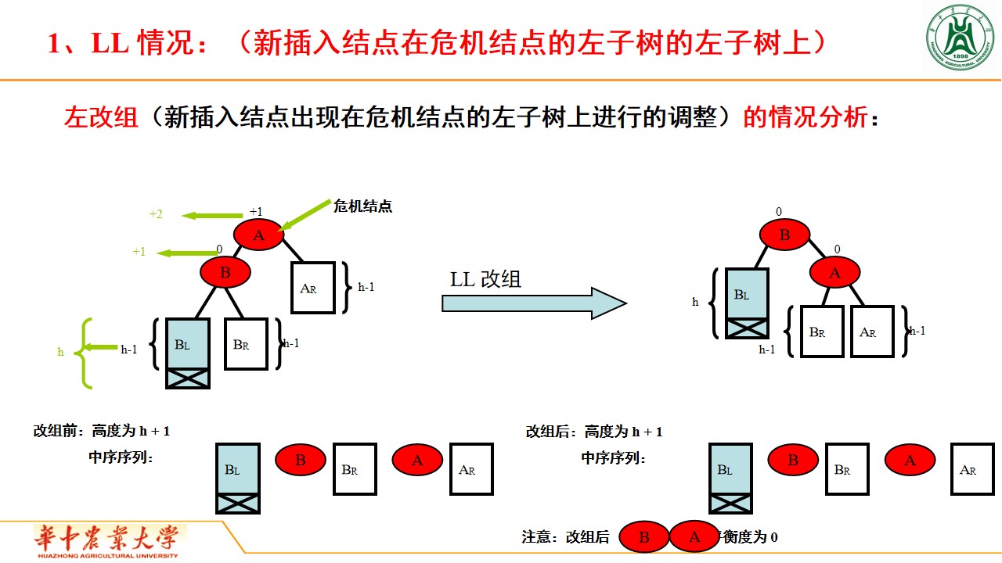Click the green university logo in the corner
click(x=961, y=38)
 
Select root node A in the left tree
click(x=258, y=235)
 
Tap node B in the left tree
click(x=225, y=272)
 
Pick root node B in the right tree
click(x=784, y=235)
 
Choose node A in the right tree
click(x=834, y=272)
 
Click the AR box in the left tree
click(x=313, y=288)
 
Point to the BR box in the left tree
click(x=246, y=343)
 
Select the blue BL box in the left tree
click(x=188, y=343)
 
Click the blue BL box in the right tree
click(x=747, y=294)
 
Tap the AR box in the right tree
click(x=872, y=332)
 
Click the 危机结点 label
click(x=362, y=206)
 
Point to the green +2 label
click(x=156, y=214)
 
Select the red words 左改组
click(x=101, y=117)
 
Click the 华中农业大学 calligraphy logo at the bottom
click(x=108, y=540)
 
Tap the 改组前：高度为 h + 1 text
click(x=102, y=431)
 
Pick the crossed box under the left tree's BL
click(x=188, y=378)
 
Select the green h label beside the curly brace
click(x=60, y=352)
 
